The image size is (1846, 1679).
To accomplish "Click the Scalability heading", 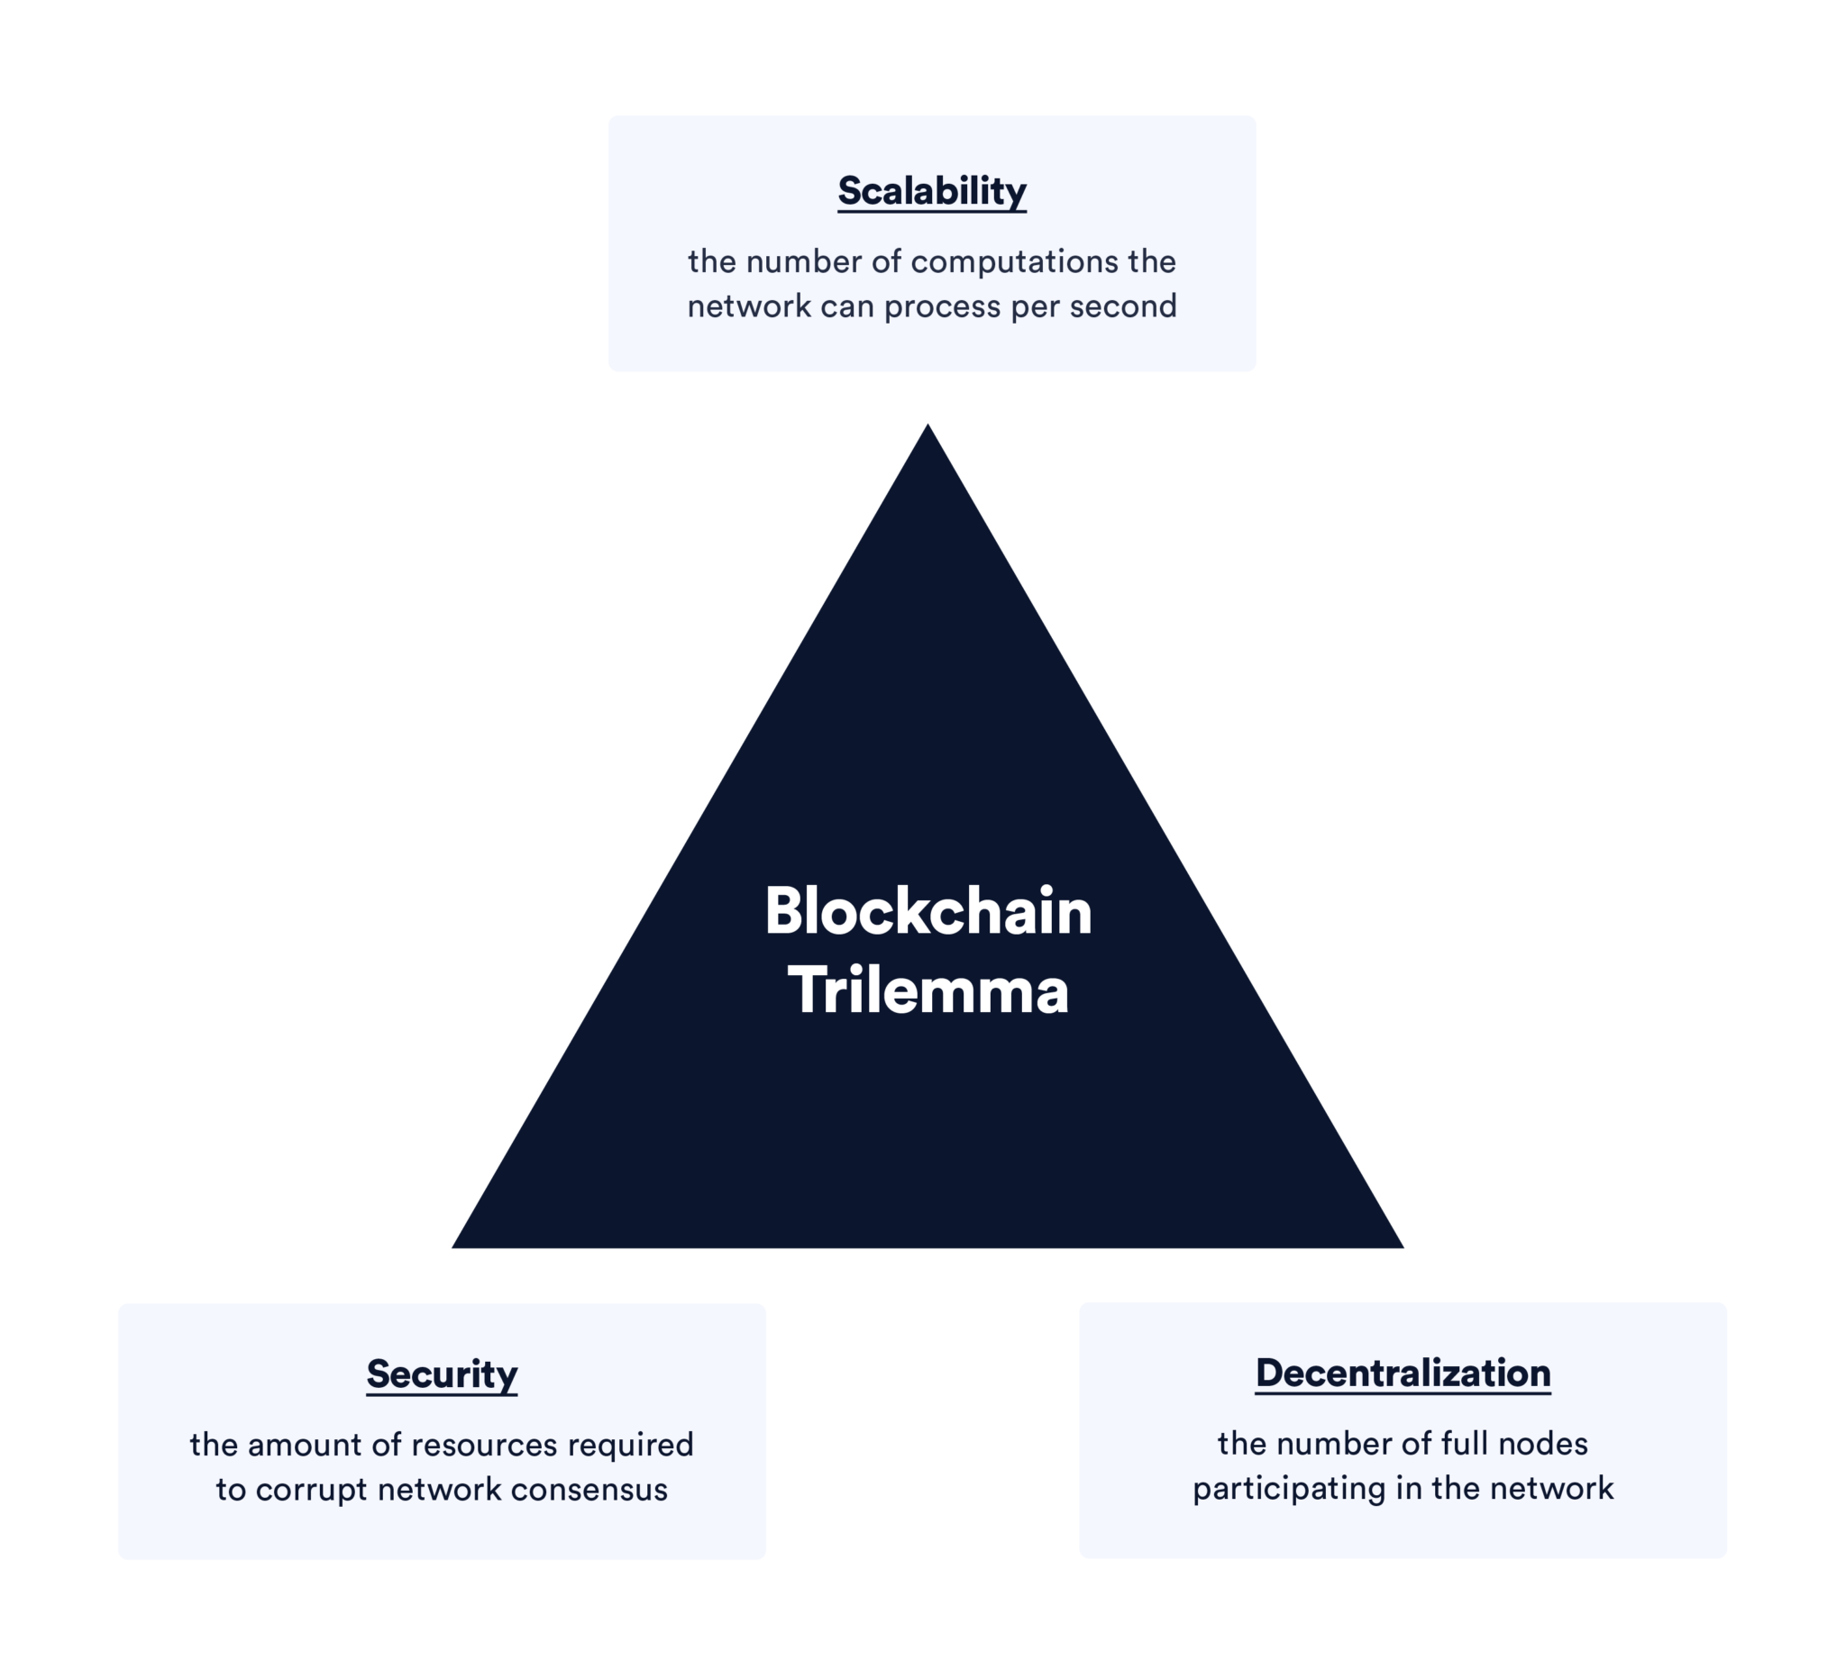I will point(931,191).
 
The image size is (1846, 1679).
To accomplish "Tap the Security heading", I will point(442,1374).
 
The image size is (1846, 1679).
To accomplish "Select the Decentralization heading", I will point(1402,1373).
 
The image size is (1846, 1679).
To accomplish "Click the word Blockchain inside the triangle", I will point(928,912).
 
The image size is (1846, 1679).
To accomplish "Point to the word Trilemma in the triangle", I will point(928,990).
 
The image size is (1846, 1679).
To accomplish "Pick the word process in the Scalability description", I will point(942,307).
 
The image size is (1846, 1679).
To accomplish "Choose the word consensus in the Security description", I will point(589,1491).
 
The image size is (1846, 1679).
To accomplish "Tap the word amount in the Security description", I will point(305,1446).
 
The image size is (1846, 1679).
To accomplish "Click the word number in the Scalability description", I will point(804,263).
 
